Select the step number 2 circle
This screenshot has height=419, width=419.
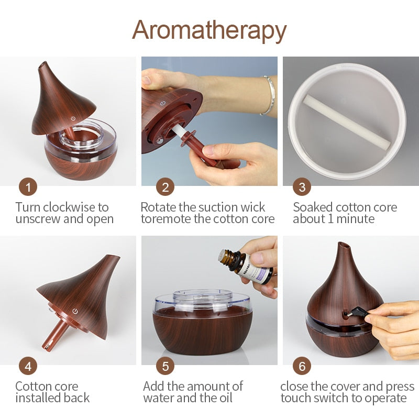tap(166, 187)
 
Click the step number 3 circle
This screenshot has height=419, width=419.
tap(302, 187)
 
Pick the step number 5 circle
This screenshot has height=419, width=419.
tap(166, 366)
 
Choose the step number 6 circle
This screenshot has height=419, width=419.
tap(302, 366)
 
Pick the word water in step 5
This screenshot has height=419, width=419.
tap(159, 398)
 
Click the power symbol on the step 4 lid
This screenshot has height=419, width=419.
tap(76, 311)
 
